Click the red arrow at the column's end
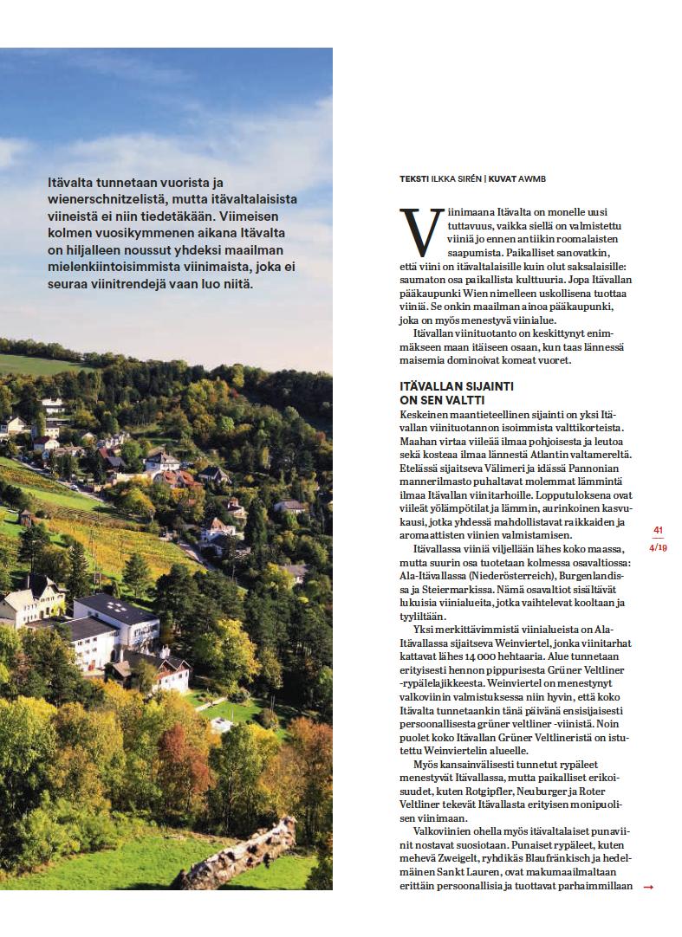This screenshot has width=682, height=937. pyautogui.click(x=648, y=887)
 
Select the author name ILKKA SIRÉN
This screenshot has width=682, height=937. pyautogui.click(x=456, y=179)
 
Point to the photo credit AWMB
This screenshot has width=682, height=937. pyautogui.click(x=532, y=179)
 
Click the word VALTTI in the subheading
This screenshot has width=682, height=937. pyautogui.click(x=464, y=400)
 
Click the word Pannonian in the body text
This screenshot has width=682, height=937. pyautogui.click(x=588, y=467)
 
